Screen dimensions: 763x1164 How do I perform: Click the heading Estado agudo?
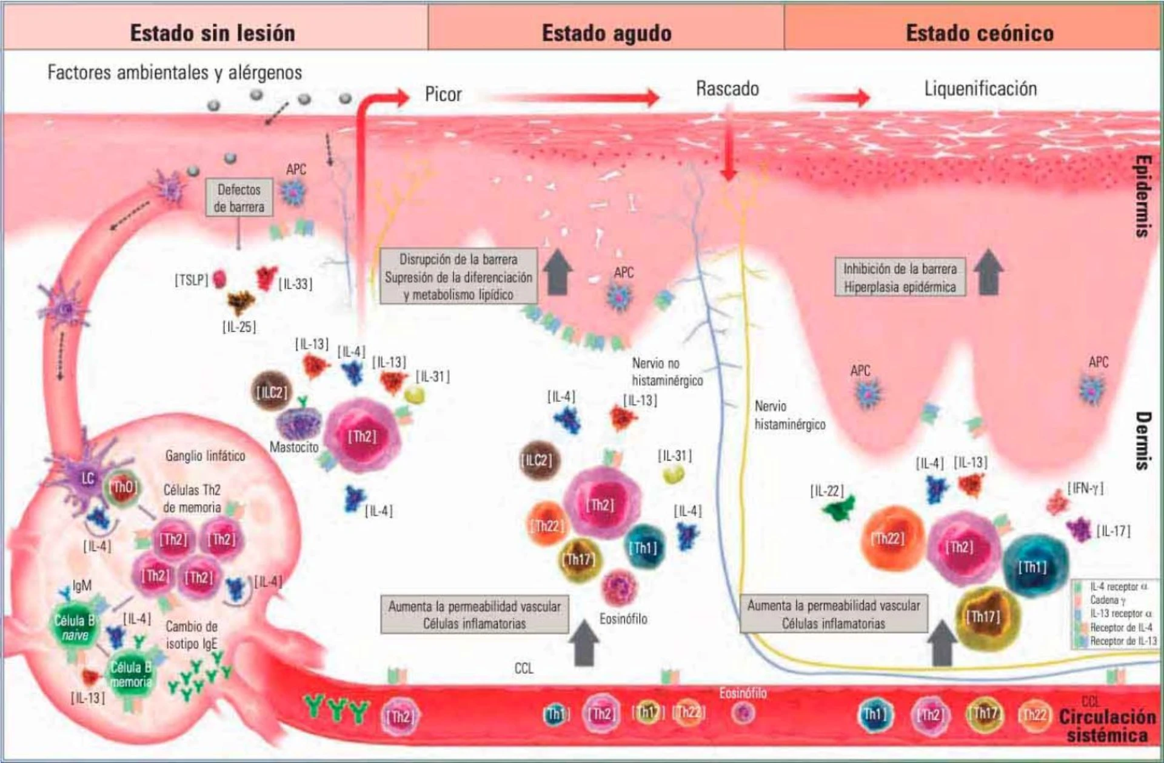point(606,33)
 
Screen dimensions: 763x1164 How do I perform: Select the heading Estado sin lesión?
point(213,33)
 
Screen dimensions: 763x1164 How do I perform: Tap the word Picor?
point(443,95)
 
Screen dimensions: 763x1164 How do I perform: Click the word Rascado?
point(727,89)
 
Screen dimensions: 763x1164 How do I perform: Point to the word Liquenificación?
point(980,89)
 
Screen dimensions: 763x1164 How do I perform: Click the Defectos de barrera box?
point(239,198)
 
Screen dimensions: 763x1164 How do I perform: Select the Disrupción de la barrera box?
point(458,277)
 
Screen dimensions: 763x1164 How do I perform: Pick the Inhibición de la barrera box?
point(900,278)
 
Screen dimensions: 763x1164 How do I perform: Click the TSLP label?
point(191,280)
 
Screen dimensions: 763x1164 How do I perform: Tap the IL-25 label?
point(239,327)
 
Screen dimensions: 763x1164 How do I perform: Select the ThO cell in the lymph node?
point(123,487)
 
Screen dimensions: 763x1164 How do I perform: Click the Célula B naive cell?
point(75,628)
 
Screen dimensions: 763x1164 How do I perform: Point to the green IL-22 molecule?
point(840,509)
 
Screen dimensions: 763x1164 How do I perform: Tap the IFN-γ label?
point(1085,488)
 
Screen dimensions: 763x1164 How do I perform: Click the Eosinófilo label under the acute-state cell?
point(623,619)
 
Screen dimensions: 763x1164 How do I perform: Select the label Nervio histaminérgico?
point(789,415)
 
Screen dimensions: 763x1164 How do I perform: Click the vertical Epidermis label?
point(1142,196)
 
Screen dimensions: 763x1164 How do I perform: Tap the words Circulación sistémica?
point(1107,725)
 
